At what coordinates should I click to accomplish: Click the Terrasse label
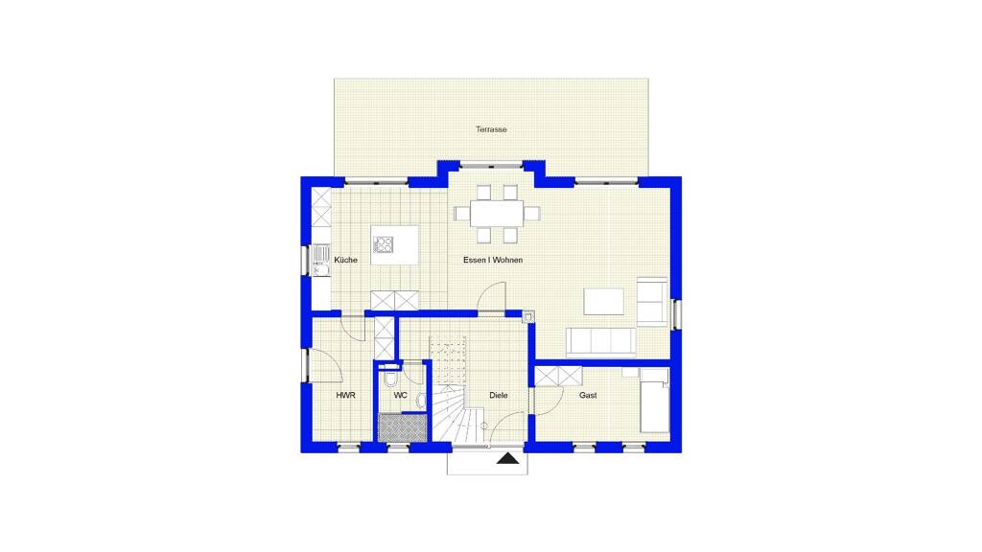[x=491, y=129]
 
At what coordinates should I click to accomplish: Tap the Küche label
[x=345, y=260]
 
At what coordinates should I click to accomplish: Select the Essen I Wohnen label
[x=493, y=260]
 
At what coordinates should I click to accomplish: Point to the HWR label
[x=345, y=396]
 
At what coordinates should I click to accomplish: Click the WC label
[x=400, y=396]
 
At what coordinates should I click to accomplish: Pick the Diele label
[x=499, y=396]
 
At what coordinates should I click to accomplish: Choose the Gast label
[x=588, y=396]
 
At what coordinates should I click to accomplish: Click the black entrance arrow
[x=508, y=459]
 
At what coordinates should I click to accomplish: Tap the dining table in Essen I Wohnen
[x=497, y=214]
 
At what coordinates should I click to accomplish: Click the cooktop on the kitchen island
[x=384, y=244]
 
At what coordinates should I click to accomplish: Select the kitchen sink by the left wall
[x=321, y=260]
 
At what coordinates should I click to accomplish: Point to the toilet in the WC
[x=391, y=378]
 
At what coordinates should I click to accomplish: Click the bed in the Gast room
[x=654, y=401]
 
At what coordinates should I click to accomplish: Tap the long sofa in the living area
[x=600, y=342]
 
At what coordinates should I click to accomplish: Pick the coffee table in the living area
[x=604, y=301]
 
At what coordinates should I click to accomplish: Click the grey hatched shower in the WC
[x=403, y=428]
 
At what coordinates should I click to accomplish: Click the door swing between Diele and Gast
[x=549, y=401]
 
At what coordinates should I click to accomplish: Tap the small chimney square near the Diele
[x=528, y=317]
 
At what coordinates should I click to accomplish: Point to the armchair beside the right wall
[x=652, y=301]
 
